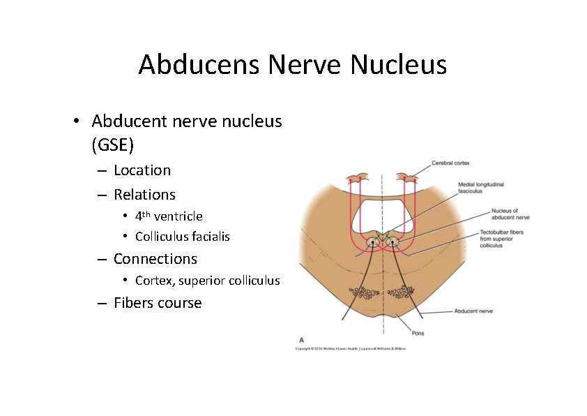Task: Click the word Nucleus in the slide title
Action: click(x=398, y=65)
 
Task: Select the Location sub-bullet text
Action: click(x=142, y=170)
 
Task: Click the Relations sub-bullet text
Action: click(x=144, y=195)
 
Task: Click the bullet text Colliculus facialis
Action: click(x=182, y=237)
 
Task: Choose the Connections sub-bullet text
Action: click(x=155, y=259)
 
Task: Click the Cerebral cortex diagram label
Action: click(x=450, y=163)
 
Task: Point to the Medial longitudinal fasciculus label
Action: click(x=480, y=188)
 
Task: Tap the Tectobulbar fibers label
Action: click(x=503, y=239)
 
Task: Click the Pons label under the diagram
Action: click(x=417, y=333)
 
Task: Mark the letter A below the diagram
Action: click(x=301, y=339)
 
